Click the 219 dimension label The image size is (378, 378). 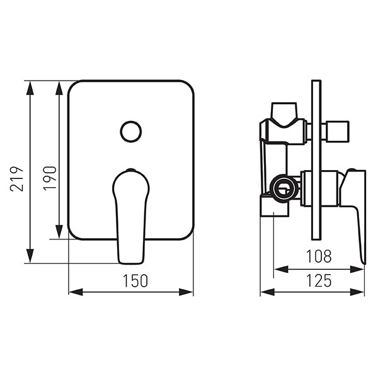click(17, 179)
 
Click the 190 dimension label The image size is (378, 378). click(50, 178)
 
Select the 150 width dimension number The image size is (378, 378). click(135, 281)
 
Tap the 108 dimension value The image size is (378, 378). click(319, 256)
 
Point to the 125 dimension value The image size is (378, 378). click(319, 280)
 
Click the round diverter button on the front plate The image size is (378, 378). click(131, 132)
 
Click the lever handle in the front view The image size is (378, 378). click(131, 216)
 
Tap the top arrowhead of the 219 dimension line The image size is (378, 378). click(30, 88)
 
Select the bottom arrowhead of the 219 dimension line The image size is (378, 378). click(30, 256)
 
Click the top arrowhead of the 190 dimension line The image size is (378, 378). click(59, 88)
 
